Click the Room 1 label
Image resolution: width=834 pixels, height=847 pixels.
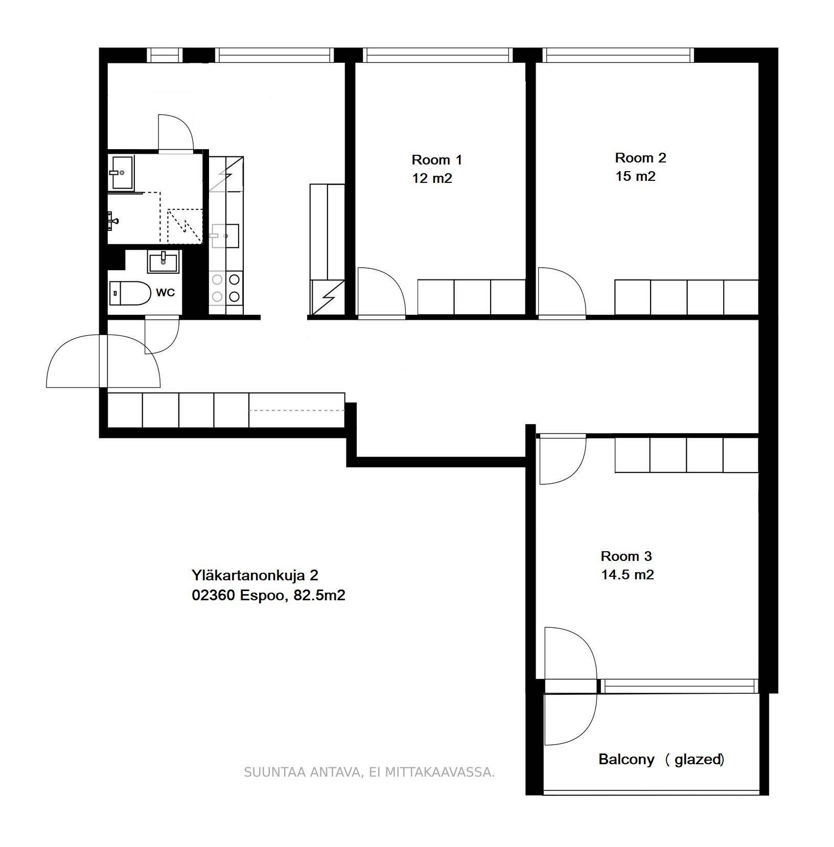point(436,160)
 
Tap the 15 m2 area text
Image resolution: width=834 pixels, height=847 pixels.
point(635,176)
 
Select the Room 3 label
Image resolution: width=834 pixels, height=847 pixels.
point(626,556)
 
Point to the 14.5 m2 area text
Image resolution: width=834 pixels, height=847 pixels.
point(627,575)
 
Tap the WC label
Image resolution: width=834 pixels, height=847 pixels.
point(165,293)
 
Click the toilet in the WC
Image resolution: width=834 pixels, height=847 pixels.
point(130,293)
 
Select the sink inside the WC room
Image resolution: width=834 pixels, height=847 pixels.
point(163,262)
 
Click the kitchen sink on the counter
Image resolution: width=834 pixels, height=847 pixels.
point(226,236)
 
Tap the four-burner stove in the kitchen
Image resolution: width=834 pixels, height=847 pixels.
point(226,288)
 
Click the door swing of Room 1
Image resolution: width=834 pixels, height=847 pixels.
point(380,291)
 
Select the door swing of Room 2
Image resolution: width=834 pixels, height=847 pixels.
point(561,291)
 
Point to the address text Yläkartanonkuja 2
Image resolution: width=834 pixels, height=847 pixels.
point(254,575)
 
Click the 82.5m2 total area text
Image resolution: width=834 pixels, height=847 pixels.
point(319,595)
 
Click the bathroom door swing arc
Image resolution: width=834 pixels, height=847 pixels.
point(175,132)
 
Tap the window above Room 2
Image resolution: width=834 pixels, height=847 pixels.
point(618,55)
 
